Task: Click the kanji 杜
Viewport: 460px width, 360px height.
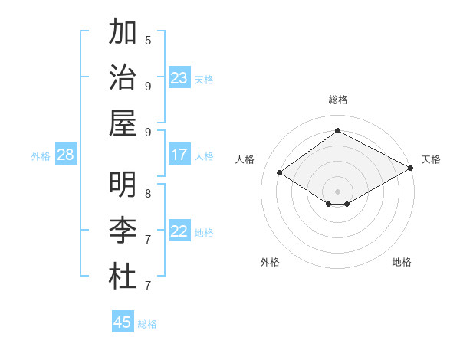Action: click(x=123, y=276)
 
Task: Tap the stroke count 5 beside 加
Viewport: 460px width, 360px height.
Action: click(x=148, y=40)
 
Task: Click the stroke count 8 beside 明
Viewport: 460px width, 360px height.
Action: click(x=148, y=193)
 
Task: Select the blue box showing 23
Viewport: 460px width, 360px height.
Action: click(x=179, y=77)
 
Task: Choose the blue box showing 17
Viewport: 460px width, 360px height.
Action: click(x=179, y=155)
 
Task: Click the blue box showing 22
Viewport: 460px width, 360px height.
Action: click(x=179, y=231)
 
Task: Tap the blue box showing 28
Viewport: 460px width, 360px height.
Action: click(x=66, y=155)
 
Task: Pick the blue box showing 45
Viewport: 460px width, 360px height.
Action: click(x=123, y=322)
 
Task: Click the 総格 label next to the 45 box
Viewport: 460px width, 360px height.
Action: click(x=147, y=324)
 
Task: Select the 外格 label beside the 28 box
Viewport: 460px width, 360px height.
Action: click(x=41, y=156)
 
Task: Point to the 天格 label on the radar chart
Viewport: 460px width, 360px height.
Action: click(x=431, y=159)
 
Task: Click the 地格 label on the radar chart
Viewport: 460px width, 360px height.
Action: click(x=402, y=262)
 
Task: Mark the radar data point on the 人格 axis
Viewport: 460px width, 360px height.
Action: click(x=279, y=172)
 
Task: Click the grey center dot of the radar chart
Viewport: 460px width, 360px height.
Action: click(x=337, y=190)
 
